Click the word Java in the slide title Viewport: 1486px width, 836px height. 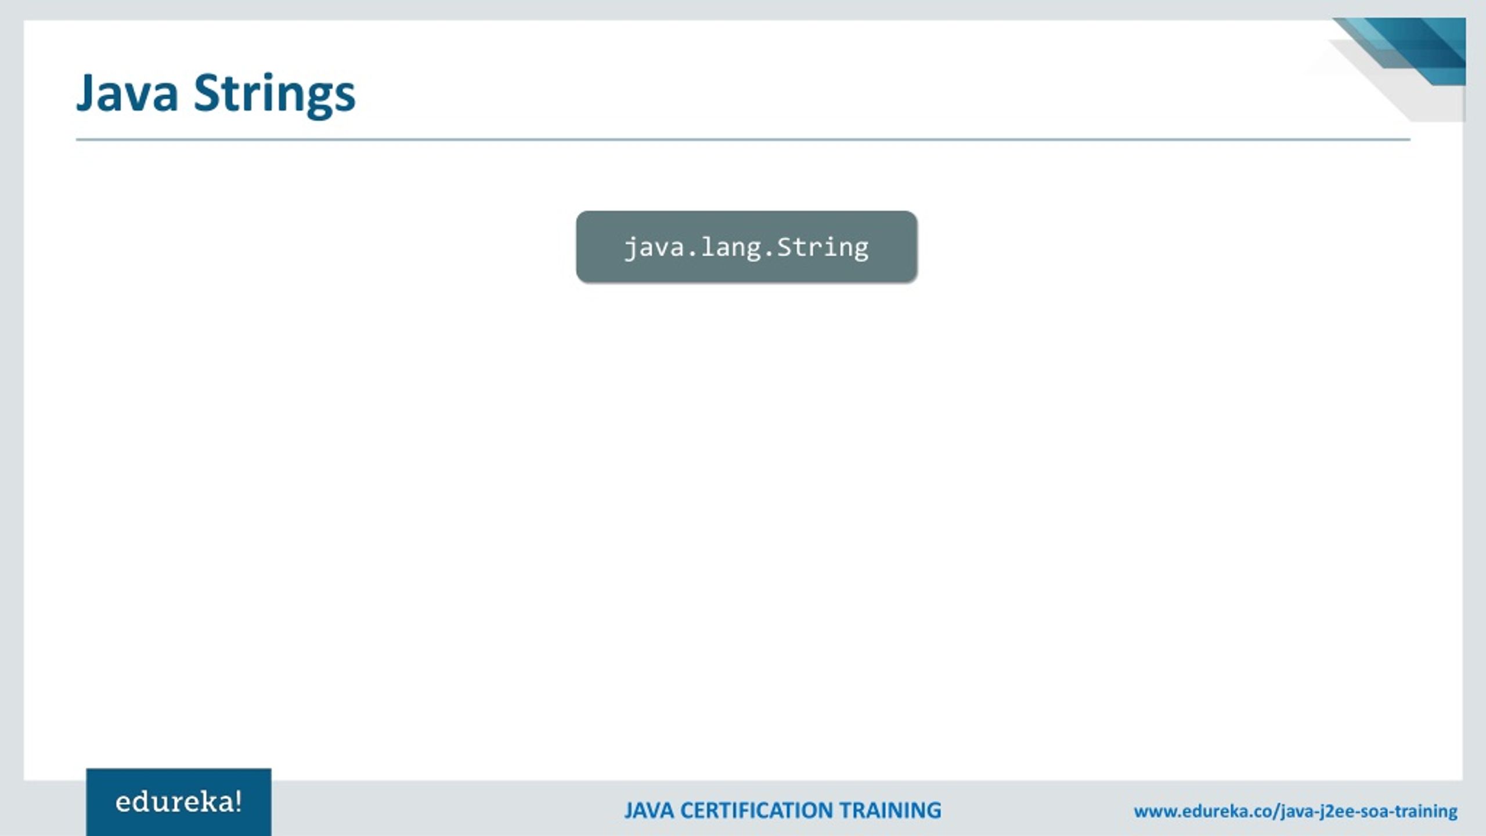pyautogui.click(x=127, y=93)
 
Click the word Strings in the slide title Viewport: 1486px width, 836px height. pyautogui.click(x=274, y=94)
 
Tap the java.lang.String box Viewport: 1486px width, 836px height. pyautogui.click(x=746, y=247)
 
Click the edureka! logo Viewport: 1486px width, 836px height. pyautogui.click(x=178, y=802)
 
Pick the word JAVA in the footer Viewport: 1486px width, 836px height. pyautogui.click(x=648, y=810)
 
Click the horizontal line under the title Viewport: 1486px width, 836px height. pyautogui.click(x=743, y=140)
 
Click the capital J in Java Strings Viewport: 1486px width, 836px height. pyautogui.click(x=86, y=93)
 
